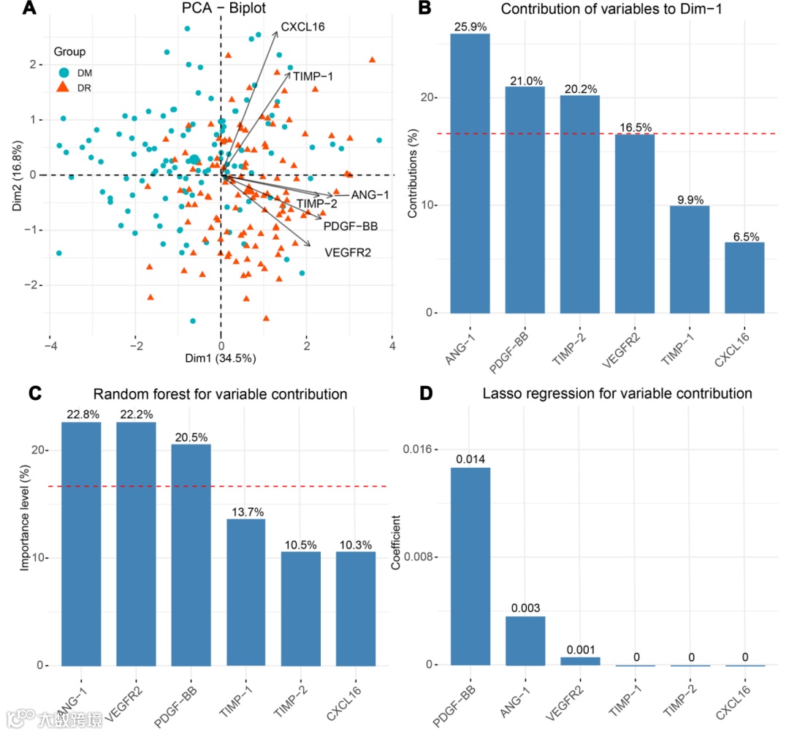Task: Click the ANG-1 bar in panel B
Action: pyautogui.click(x=470, y=173)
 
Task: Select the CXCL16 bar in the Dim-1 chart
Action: pyautogui.click(x=744, y=277)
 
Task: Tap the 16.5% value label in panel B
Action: pyautogui.click(x=635, y=128)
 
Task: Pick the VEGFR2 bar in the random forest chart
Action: pyautogui.click(x=136, y=544)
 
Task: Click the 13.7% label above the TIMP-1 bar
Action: pyautogui.click(x=245, y=512)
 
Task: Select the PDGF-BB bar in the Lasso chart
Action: pyautogui.click(x=470, y=566)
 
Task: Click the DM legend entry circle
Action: pyautogui.click(x=64, y=72)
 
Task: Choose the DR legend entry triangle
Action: pyautogui.click(x=64, y=87)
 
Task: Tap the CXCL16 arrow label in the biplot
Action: pyautogui.click(x=302, y=27)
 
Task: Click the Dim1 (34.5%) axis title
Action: pyautogui.click(x=221, y=358)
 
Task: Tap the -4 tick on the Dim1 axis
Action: pyautogui.click(x=49, y=345)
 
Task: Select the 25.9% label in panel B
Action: pyautogui.click(x=470, y=27)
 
